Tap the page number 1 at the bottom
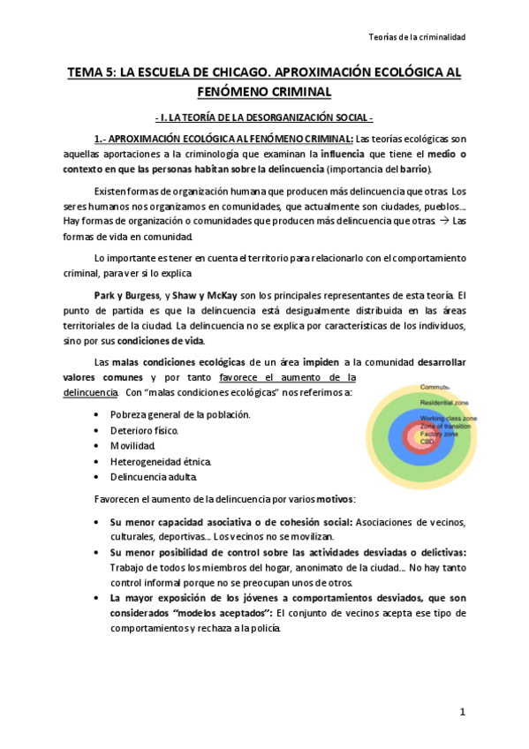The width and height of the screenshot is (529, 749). coord(461,711)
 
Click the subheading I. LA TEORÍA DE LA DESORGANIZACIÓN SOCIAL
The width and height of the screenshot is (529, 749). coord(264,117)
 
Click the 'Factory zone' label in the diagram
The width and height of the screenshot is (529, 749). coord(441,434)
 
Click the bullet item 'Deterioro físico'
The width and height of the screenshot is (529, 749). coord(144,430)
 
